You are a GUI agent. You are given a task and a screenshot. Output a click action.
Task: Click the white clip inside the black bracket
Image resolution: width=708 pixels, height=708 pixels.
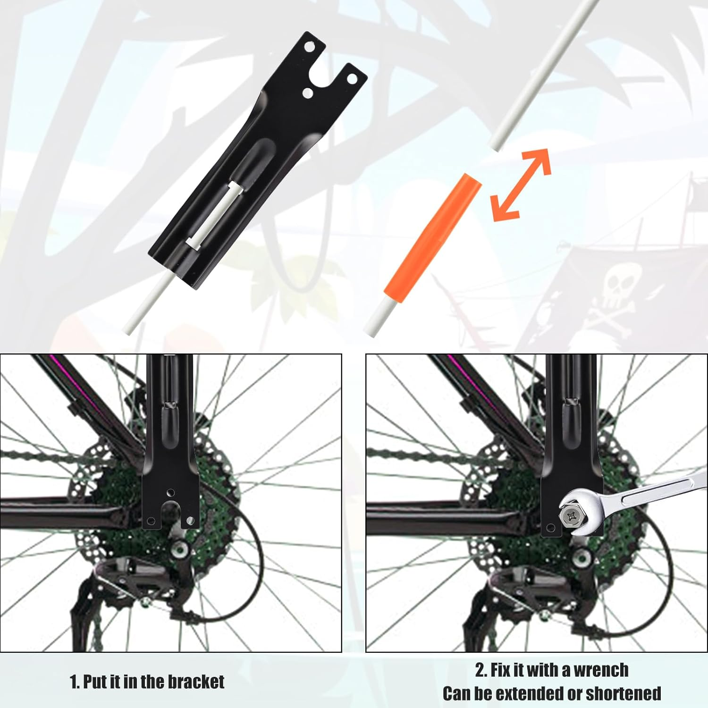(215, 215)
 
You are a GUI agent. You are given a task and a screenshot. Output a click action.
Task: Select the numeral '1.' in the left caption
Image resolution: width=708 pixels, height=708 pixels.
(75, 682)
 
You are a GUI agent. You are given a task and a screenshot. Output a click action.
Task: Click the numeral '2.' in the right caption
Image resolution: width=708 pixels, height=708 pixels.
(480, 670)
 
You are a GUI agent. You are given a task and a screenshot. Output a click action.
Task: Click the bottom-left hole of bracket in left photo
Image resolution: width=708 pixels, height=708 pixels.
(151, 521)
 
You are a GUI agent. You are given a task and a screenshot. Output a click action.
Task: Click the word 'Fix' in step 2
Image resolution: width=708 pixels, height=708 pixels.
(501, 670)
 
